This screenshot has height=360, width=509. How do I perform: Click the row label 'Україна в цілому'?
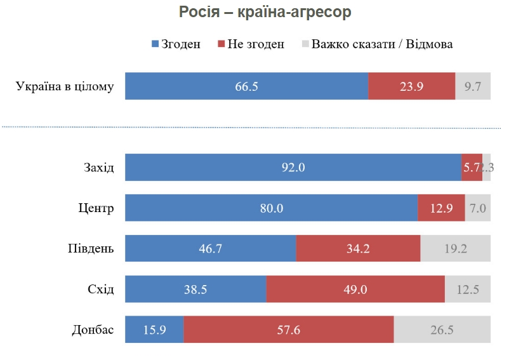[65, 86]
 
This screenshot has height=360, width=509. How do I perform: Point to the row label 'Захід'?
[99, 168]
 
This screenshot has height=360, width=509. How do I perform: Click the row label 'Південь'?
[91, 248]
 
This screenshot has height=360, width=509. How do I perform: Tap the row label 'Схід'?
[101, 290]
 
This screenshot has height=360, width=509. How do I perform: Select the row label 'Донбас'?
[93, 330]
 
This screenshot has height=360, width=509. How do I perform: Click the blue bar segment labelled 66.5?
[246, 86]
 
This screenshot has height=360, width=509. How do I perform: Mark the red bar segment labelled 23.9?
[411, 86]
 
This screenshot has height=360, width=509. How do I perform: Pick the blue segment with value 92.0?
[293, 168]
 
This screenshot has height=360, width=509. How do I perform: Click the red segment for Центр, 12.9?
[441, 208]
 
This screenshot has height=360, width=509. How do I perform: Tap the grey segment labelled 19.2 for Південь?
[455, 248]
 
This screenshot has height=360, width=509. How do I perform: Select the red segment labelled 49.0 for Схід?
[355, 290]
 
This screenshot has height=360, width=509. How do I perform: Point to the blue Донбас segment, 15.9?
[154, 330]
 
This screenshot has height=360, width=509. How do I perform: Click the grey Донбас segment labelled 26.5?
[442, 330]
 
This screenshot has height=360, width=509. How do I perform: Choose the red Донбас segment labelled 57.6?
[289, 330]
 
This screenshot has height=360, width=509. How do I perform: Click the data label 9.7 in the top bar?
[473, 86]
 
